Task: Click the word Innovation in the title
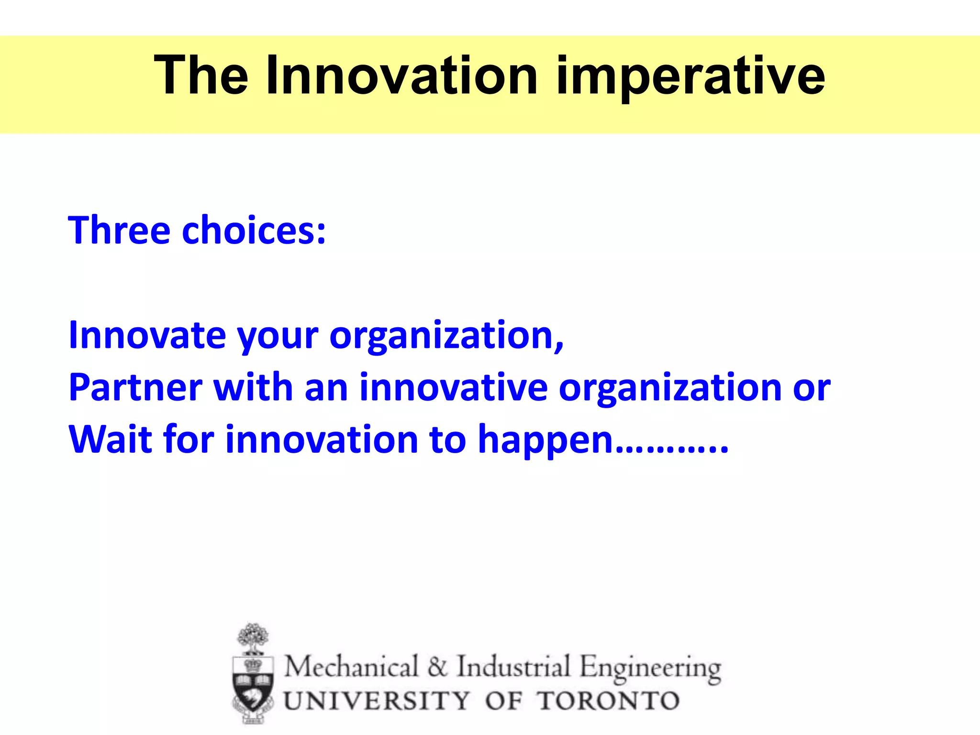(x=402, y=76)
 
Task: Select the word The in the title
(x=201, y=76)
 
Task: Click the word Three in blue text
(x=119, y=231)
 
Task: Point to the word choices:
(x=254, y=231)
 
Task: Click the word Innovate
(x=147, y=335)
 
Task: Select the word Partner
(x=135, y=387)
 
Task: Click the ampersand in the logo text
(x=437, y=667)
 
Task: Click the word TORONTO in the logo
(x=608, y=701)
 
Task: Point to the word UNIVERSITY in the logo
(x=377, y=701)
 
